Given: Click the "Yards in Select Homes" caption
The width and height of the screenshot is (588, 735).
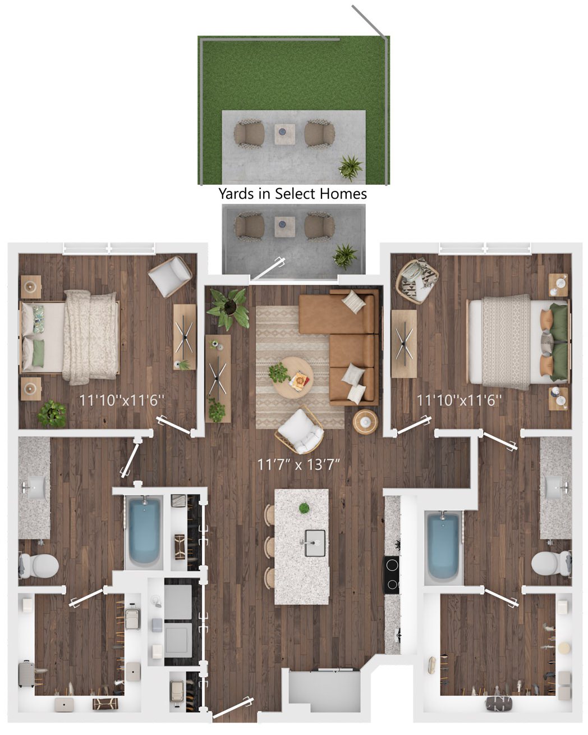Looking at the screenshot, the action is [x=292, y=194].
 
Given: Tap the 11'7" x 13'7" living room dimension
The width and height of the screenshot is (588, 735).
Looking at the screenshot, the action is [x=298, y=464].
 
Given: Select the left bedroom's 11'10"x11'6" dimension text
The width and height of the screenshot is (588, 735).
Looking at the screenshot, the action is [x=122, y=400].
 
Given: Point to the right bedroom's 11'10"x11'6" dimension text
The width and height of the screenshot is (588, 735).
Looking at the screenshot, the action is [x=460, y=400].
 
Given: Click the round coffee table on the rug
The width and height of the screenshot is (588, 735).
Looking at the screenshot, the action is [x=292, y=377].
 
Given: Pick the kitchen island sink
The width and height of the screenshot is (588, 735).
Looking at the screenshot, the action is [x=314, y=543].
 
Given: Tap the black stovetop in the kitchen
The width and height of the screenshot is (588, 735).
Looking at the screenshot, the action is [x=392, y=575].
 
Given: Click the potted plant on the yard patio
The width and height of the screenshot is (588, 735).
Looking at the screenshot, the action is [x=351, y=168].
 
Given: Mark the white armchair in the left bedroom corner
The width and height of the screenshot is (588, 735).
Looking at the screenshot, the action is [x=169, y=276].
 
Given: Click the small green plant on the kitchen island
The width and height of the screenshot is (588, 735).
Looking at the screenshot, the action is [x=304, y=508].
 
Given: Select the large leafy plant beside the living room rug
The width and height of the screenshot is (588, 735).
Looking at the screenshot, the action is [x=228, y=308].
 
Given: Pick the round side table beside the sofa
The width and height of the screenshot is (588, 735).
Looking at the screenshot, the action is [x=365, y=422].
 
